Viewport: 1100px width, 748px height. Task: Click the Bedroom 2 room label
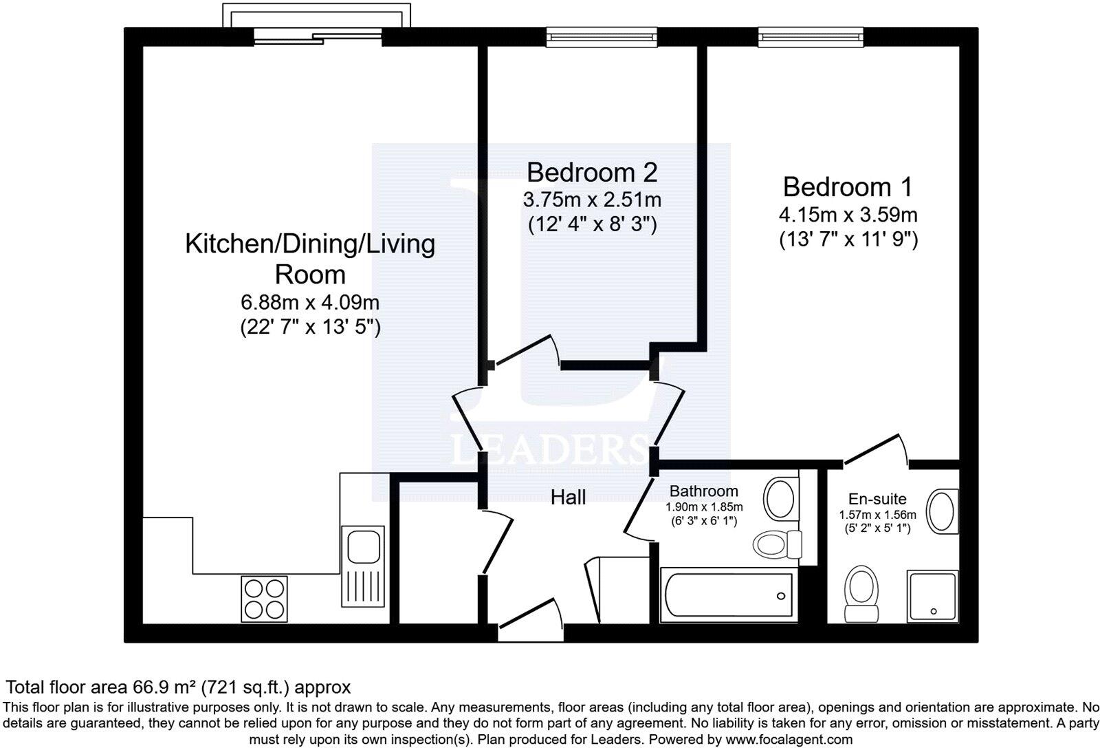click(x=592, y=171)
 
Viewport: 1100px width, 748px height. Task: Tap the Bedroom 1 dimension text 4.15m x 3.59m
click(x=848, y=215)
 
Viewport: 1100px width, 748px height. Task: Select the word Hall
click(x=568, y=497)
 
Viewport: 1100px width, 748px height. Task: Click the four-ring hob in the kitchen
click(x=265, y=599)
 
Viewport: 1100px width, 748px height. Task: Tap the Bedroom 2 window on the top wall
click(x=602, y=36)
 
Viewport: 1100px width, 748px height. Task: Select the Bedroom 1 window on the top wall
click(x=810, y=36)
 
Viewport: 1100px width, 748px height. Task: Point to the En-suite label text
click(x=877, y=500)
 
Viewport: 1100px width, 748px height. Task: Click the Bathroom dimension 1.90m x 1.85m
click(x=703, y=506)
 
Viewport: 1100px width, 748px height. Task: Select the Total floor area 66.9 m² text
click(x=178, y=687)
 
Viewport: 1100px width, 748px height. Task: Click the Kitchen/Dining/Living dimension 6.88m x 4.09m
click(x=310, y=302)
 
